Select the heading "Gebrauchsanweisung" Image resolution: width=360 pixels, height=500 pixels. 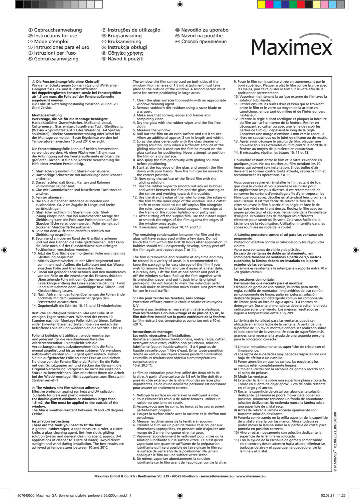pyautogui.click(x=58, y=30)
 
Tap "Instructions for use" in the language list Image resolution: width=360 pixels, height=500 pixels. pyautogui.click(x=55, y=36)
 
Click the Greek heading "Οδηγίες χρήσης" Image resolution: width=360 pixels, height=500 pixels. pyautogui.click(x=125, y=53)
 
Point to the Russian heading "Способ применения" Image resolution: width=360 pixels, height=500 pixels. pyautogui.click(x=204, y=42)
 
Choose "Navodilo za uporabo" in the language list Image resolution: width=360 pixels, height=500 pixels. pyautogui.click(x=205, y=30)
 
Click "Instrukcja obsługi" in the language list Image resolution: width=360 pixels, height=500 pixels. pyautogui.click(x=127, y=47)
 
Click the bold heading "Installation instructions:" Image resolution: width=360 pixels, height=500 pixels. pyautogui.click(x=51, y=421)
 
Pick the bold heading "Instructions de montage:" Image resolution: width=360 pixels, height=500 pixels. pyautogui.click(x=153, y=332)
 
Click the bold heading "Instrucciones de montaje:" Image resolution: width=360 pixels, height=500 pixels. pyautogui.click(x=254, y=279)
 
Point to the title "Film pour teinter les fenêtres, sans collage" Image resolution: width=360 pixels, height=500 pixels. pyautogui.click(x=171, y=298)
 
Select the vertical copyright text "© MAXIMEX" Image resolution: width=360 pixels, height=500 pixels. pyautogui.click(x=335, y=460)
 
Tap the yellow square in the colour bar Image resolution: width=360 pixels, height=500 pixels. pyautogui.click(x=261, y=4)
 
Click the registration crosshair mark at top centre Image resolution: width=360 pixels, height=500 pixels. pyautogui.click(x=180, y=4)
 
